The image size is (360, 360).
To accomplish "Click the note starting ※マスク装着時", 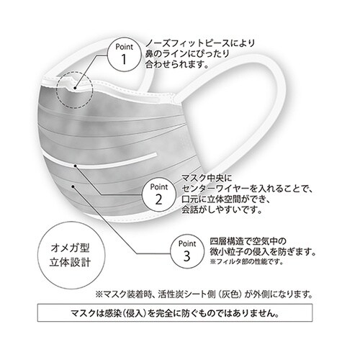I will coord(204,294).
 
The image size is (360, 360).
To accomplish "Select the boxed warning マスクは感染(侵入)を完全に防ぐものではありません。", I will coord(180,314).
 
